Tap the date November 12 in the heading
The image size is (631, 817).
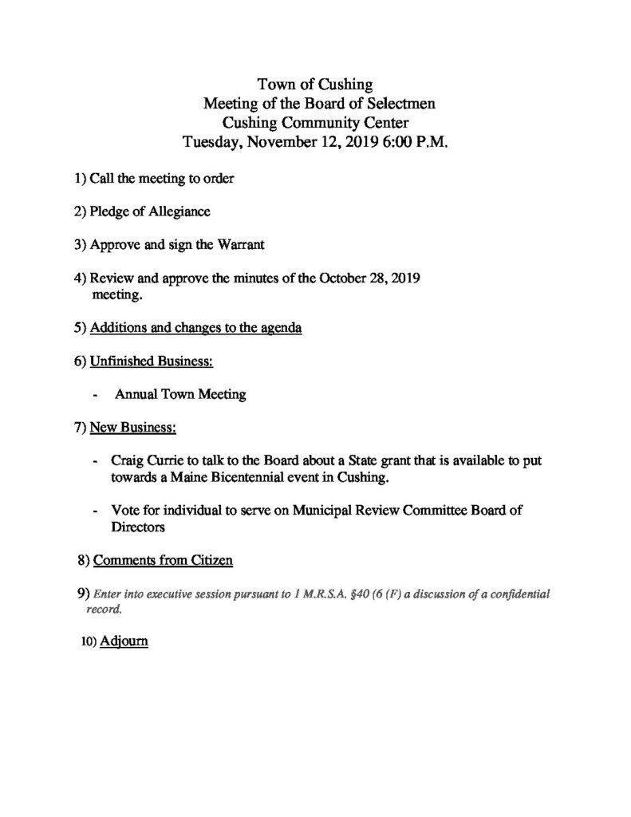[x=285, y=143]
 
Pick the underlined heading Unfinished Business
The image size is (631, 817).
[x=151, y=361]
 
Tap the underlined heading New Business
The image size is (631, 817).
[x=132, y=428]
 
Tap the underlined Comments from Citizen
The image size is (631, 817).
[x=163, y=561]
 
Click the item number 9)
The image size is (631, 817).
[x=83, y=594]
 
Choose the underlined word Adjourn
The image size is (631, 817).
[x=124, y=641]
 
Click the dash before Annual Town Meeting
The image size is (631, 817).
[x=97, y=394]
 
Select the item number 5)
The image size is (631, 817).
[x=80, y=328]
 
